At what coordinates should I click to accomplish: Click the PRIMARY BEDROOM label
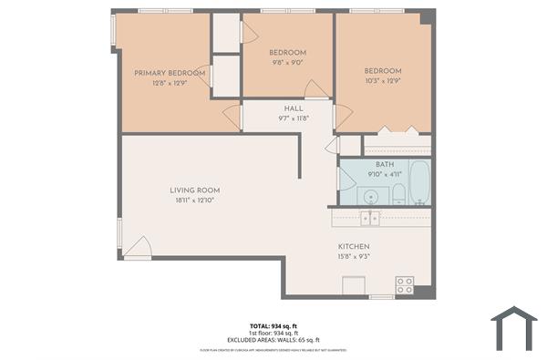point(169,73)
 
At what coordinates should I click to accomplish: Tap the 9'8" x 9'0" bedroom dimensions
point(288,63)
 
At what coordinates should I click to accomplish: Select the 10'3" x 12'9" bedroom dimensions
point(383,80)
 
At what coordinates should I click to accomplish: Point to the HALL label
point(293,108)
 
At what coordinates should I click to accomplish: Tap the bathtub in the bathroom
point(418,182)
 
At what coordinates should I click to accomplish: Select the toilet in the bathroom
point(398,192)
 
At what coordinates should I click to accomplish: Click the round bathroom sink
point(371,194)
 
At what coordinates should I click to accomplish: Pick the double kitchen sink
point(369,218)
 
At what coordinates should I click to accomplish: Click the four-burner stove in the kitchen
point(404,285)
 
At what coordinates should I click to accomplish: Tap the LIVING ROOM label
point(195,190)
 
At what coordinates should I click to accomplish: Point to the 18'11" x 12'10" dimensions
point(195,201)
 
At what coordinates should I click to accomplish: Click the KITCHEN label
point(353,247)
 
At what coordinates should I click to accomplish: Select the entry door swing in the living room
point(138,246)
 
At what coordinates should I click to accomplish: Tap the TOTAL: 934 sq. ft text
point(273,325)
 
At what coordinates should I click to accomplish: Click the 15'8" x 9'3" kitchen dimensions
point(353,257)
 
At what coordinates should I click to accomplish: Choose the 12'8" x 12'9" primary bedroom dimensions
point(169,83)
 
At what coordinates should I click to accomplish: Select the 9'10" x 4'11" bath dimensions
point(384,174)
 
